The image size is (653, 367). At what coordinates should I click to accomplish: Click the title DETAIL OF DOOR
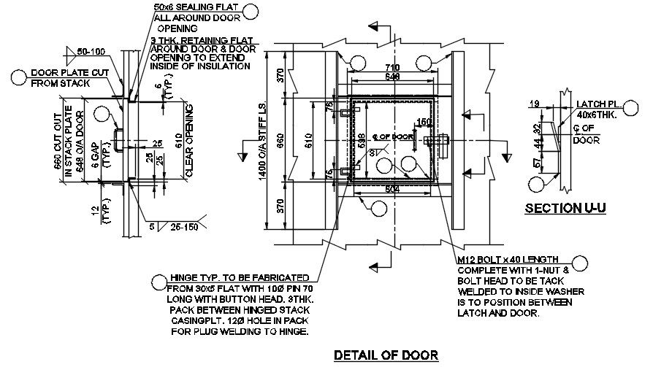[386, 355]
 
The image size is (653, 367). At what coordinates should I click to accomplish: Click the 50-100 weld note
[92, 52]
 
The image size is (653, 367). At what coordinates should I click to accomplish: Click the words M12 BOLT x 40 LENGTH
[508, 259]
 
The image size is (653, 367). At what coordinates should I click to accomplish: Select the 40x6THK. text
[599, 115]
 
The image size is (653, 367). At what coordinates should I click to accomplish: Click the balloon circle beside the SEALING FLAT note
[252, 10]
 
